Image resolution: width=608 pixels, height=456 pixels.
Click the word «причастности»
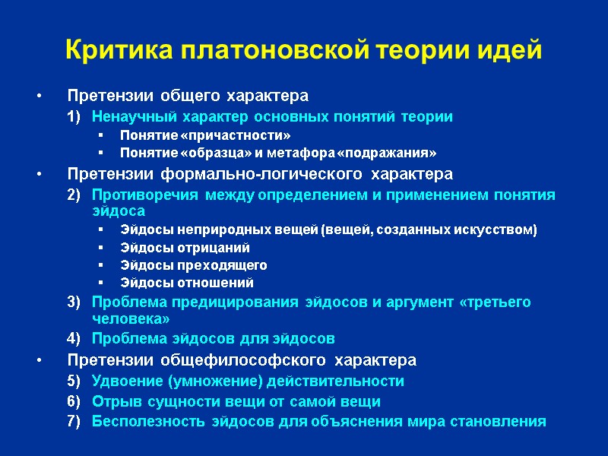click(245, 135)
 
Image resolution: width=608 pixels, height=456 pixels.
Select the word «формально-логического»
click(224, 175)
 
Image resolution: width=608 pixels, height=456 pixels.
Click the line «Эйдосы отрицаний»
click(185, 248)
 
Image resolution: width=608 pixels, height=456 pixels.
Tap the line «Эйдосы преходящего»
click(193, 265)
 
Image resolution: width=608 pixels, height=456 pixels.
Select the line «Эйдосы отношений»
click(187, 283)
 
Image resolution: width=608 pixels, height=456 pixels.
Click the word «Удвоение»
click(122, 381)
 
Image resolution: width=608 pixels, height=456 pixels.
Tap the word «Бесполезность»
click(139, 421)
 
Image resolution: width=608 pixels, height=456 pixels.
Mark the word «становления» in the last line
click(502, 421)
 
